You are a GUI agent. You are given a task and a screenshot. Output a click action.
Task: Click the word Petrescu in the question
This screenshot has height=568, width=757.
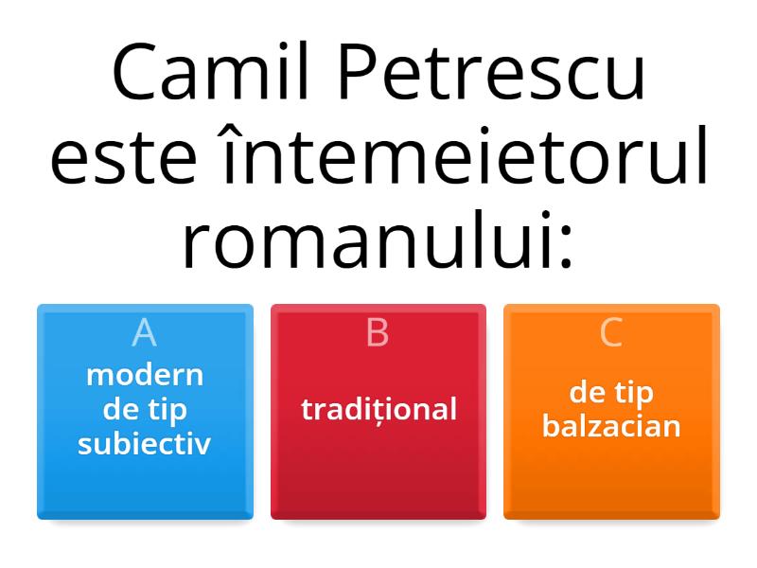(491, 72)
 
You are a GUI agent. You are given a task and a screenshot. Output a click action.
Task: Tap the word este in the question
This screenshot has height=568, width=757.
(124, 157)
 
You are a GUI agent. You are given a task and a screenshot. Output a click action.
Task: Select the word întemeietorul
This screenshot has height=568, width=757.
(465, 154)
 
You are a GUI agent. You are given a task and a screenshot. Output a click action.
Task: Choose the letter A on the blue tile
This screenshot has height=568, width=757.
(145, 332)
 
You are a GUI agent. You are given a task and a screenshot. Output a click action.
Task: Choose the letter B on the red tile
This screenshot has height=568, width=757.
(378, 332)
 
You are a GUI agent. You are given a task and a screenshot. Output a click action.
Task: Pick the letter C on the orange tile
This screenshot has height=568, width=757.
(611, 332)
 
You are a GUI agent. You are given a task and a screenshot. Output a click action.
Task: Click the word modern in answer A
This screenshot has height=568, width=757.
(145, 375)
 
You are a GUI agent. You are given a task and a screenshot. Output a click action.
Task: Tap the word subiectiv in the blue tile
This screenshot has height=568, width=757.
(145, 443)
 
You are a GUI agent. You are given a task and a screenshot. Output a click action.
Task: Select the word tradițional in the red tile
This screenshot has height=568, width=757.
(379, 410)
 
